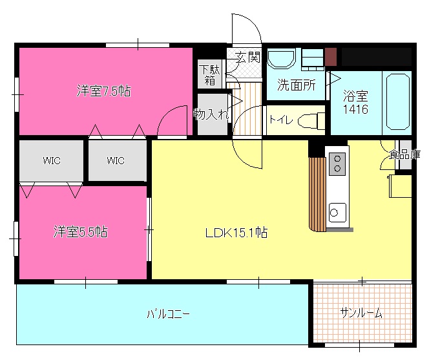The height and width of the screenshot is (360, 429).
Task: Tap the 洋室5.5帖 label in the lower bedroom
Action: point(80,232)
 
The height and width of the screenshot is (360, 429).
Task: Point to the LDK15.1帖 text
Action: point(236,233)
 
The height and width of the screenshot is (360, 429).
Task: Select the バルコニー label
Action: point(167,315)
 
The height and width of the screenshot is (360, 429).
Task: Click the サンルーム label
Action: point(361,313)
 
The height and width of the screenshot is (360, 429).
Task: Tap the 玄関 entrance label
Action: point(247,57)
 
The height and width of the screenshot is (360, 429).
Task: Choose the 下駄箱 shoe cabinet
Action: point(210,75)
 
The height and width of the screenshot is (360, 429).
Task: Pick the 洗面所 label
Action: point(296,85)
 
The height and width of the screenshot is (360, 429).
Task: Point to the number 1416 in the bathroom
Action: point(355,110)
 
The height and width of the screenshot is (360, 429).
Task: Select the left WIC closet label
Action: point(52,160)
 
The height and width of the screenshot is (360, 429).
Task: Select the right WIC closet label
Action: point(116,160)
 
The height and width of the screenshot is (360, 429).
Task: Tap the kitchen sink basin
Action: point(337,211)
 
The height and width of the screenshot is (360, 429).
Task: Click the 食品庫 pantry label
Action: point(405,154)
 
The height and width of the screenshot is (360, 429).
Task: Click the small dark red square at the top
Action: point(331,57)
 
